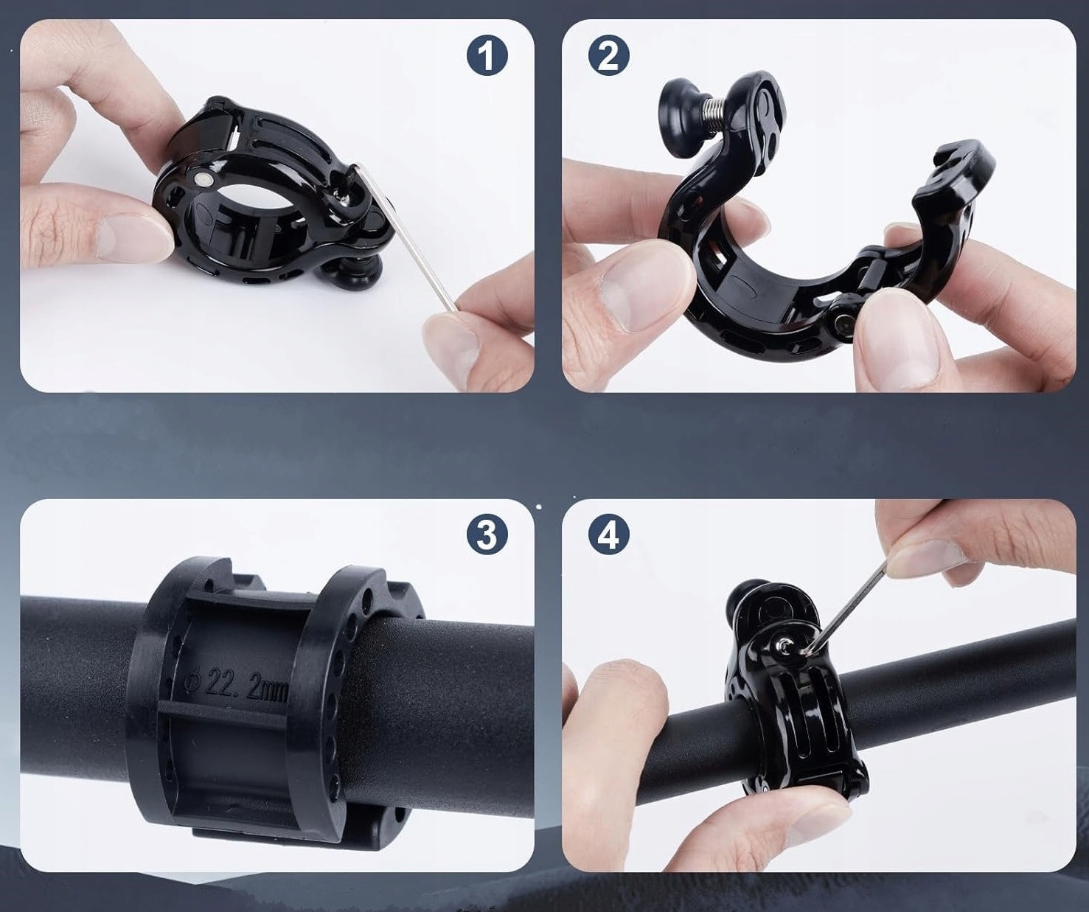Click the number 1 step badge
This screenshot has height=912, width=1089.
coord(487,55)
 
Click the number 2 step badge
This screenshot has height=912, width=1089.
coord(609,55)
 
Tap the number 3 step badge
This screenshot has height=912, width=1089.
coord(487,535)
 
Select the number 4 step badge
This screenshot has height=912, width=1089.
coord(609,535)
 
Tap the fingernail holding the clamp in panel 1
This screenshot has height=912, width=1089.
coord(135,237)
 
